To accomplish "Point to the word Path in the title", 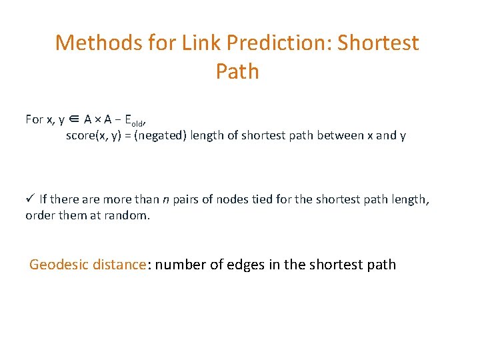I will coord(237,71).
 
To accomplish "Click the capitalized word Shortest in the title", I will coord(378,43).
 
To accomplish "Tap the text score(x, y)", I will coord(92,136).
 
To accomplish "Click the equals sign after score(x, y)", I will coord(127,136).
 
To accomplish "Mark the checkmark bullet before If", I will coord(30,198).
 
